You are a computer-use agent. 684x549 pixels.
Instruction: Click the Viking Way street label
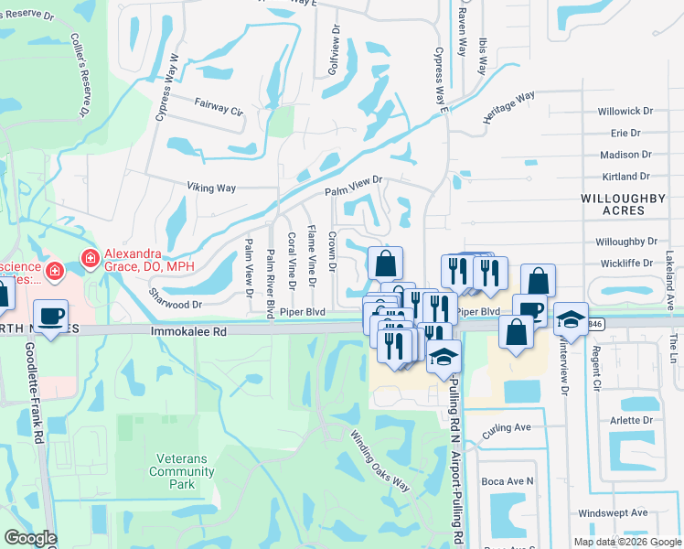tap(212, 188)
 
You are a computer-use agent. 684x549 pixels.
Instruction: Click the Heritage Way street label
tap(509, 109)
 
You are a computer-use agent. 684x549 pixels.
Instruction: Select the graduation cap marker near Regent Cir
tap(571, 319)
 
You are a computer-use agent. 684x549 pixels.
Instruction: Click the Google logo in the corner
tap(31, 538)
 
